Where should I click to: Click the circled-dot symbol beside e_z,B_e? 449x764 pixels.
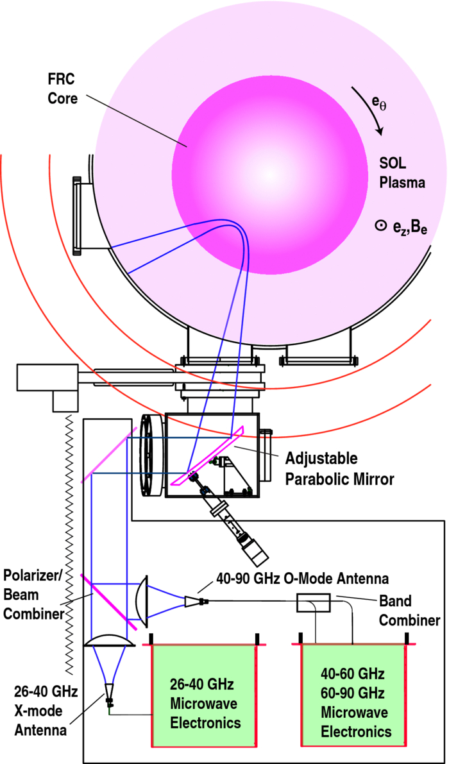click(x=380, y=225)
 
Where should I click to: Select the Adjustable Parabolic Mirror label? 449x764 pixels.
click(x=329, y=470)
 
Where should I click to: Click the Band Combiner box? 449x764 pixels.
click(x=313, y=603)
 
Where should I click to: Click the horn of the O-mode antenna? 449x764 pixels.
click(x=192, y=601)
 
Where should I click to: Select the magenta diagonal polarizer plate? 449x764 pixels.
click(x=109, y=600)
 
